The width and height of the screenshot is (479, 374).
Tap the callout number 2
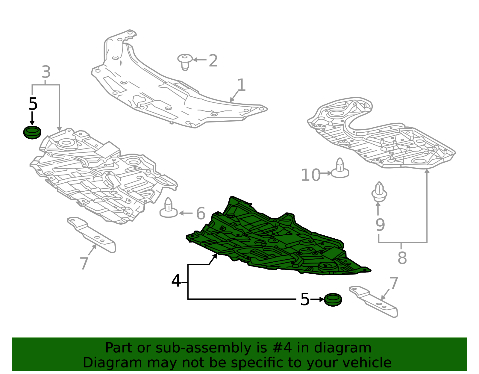tap(213, 60)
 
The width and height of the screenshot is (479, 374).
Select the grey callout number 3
tap(46, 72)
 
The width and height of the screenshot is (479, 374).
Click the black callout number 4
tap(176, 281)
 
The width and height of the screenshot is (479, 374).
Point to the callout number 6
tap(201, 213)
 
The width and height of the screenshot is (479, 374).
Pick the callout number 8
tap(402, 258)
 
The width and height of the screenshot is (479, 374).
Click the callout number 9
tap(380, 225)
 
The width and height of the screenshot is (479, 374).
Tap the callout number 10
tap(310, 175)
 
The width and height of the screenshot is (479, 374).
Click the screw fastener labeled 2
tap(185, 62)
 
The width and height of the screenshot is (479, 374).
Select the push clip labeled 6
tap(169, 208)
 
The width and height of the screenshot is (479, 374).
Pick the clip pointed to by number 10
tap(340, 168)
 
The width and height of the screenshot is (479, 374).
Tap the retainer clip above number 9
tap(379, 192)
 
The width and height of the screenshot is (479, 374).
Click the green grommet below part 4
tap(333, 299)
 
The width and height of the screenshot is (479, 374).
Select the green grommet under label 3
tap(32, 132)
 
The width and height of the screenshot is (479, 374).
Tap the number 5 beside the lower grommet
tap(305, 299)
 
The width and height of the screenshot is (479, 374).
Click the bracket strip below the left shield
tap(92, 235)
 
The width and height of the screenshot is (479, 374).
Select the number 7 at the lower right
tap(394, 284)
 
